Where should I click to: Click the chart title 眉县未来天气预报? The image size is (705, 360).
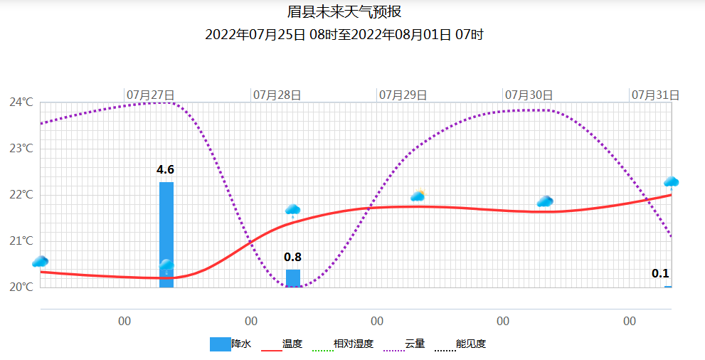pos(349,12)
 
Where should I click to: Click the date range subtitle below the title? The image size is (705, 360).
pos(344,35)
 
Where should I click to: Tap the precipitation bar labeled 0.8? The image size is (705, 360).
pos(292,278)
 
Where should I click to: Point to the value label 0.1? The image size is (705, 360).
pos(660,274)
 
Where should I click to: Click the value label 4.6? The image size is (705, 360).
pos(166,170)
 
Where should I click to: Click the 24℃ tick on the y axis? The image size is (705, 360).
pos(21,102)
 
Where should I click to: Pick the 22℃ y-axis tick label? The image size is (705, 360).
pos(21,195)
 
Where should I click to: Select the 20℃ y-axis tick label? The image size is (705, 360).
pos(21,287)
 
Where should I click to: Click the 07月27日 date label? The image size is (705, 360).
pos(151,95)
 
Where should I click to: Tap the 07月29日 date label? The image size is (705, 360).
pos(403,95)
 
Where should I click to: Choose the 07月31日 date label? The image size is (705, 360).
pos(655,95)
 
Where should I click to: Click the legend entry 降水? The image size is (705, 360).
pos(230,344)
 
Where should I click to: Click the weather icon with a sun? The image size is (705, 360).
pos(418,196)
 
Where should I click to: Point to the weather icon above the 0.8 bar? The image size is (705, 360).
pos(292,210)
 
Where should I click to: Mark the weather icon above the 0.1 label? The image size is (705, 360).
pos(671,182)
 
